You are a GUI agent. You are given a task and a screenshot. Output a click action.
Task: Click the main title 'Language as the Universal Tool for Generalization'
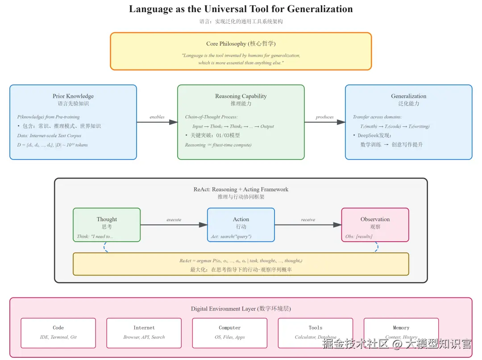pyautogui.click(x=241, y=9)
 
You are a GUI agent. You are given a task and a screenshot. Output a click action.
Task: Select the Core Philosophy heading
pyautogui.click(x=241, y=44)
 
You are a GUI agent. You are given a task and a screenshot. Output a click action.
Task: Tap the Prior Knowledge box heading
pyautogui.click(x=73, y=96)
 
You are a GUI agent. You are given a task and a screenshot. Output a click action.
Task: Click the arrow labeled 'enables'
pyautogui.click(x=157, y=122)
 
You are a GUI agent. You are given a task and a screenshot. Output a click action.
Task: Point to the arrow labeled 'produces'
pyautogui.click(x=324, y=122)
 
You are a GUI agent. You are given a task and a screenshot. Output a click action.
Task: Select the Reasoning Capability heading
pyautogui.click(x=241, y=96)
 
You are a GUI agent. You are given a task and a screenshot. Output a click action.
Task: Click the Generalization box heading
pyautogui.click(x=408, y=96)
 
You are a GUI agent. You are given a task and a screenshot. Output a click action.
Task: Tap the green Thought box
pyautogui.click(x=107, y=225)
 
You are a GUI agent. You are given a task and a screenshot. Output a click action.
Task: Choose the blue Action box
pyautogui.click(x=241, y=225)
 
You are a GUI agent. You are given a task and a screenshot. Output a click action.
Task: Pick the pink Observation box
pyautogui.click(x=375, y=225)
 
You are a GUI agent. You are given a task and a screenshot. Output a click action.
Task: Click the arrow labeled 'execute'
pyautogui.click(x=174, y=225)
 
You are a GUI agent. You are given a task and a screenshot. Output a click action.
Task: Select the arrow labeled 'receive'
pyautogui.click(x=308, y=225)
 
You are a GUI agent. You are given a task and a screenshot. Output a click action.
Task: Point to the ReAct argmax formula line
pyautogui.click(x=241, y=260)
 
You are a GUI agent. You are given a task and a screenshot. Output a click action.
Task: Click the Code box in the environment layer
pyautogui.click(x=58, y=333)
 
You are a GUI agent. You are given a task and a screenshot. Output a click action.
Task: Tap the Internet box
pyautogui.click(x=144, y=333)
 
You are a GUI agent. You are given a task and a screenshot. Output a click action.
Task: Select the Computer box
pyautogui.click(x=229, y=333)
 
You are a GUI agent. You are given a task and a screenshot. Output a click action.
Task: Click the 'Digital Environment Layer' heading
pyautogui.click(x=241, y=309)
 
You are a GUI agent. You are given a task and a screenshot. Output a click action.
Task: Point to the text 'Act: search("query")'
pyautogui.click(x=231, y=236)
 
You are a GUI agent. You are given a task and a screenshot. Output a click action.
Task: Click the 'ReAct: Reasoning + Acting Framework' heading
pyautogui.click(x=241, y=189)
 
